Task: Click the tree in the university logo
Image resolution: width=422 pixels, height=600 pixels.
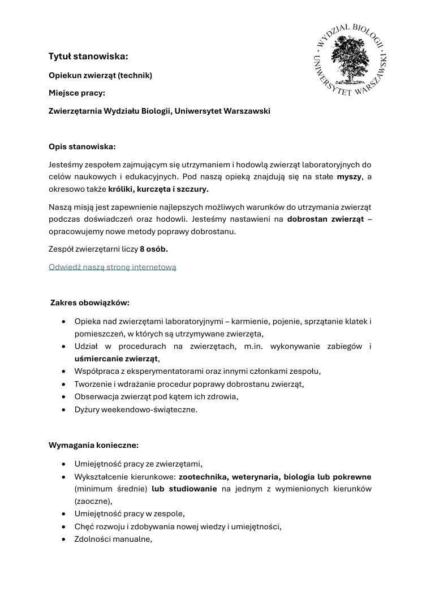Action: [350, 61]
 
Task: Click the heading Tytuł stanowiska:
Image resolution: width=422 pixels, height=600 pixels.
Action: [88, 56]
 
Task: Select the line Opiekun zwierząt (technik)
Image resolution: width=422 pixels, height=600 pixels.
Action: [101, 75]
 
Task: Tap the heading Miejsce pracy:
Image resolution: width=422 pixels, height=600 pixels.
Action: [77, 93]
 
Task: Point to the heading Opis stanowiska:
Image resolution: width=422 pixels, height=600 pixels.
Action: [82, 146]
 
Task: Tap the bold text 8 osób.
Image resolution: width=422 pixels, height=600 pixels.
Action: [154, 249]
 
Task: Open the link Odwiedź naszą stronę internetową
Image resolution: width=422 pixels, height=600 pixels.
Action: [113, 267]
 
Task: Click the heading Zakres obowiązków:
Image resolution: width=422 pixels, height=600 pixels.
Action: [90, 303]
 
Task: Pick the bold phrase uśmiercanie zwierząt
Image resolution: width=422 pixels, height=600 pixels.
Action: [117, 358]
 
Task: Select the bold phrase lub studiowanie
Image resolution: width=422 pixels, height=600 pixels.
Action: [184, 489]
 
